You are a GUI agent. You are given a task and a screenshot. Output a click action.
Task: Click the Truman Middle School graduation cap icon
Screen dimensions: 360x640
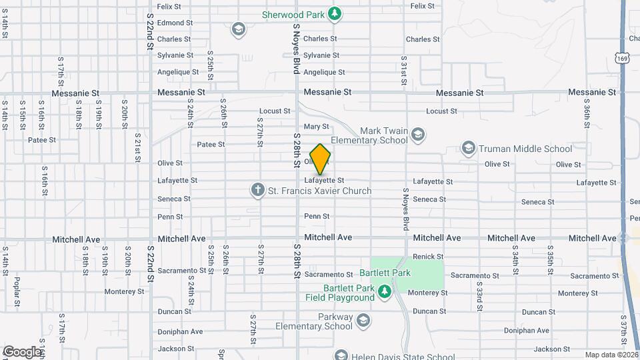coord(468,148)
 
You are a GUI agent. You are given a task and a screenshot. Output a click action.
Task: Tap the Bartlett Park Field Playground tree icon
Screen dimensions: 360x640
coord(384,291)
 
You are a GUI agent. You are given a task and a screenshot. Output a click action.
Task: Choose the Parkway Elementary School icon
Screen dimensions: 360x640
coord(363,321)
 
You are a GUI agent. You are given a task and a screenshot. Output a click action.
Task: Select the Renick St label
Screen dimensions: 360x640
coord(428,257)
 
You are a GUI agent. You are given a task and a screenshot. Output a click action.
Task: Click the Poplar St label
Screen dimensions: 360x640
coord(17,287)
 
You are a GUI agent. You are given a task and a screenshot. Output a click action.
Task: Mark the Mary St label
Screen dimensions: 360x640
coord(316,126)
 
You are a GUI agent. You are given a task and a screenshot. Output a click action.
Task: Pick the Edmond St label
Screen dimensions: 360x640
coord(175,22)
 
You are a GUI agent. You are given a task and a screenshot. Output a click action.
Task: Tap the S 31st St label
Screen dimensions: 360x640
coord(404,71)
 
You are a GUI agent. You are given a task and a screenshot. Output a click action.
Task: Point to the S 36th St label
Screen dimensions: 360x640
coord(587,115)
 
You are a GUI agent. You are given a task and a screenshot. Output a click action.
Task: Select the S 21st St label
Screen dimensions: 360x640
coord(138,151)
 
